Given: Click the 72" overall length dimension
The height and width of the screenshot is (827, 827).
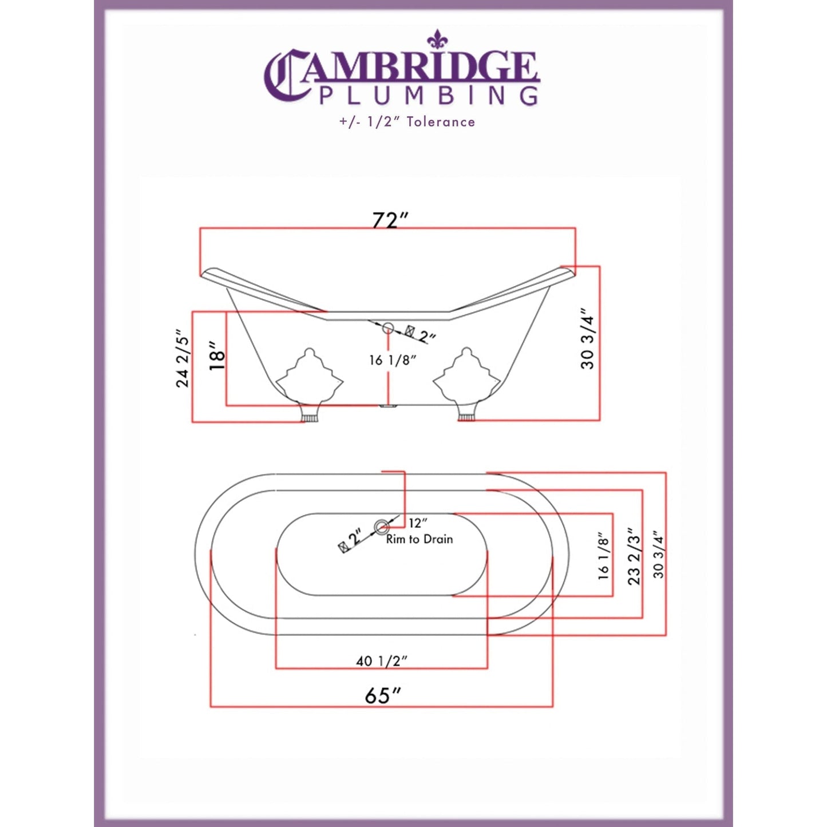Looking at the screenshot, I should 391,220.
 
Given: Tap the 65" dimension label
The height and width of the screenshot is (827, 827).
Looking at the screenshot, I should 382,696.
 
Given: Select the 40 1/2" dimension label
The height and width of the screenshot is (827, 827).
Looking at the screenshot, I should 381,661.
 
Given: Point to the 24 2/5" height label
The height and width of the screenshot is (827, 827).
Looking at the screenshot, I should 182,359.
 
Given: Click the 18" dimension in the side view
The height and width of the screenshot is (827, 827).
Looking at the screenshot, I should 217,356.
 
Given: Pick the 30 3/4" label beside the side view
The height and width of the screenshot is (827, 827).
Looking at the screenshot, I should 588,339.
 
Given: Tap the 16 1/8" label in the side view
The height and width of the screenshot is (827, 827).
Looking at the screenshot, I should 392,360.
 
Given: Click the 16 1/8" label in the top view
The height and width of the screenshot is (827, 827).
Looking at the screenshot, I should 604,556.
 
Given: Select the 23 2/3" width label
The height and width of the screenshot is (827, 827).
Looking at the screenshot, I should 634,556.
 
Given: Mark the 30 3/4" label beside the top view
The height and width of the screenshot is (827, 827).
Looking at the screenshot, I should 658,556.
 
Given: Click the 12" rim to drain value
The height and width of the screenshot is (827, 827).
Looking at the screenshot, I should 418,523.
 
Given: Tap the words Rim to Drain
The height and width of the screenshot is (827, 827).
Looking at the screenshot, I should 420,539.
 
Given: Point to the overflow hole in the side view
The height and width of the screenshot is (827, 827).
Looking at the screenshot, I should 388,328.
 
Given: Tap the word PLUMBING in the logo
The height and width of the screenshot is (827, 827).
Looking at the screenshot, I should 428,96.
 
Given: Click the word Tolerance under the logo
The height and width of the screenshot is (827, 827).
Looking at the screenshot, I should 441,122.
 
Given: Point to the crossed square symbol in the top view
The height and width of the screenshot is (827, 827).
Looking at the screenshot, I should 344,546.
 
